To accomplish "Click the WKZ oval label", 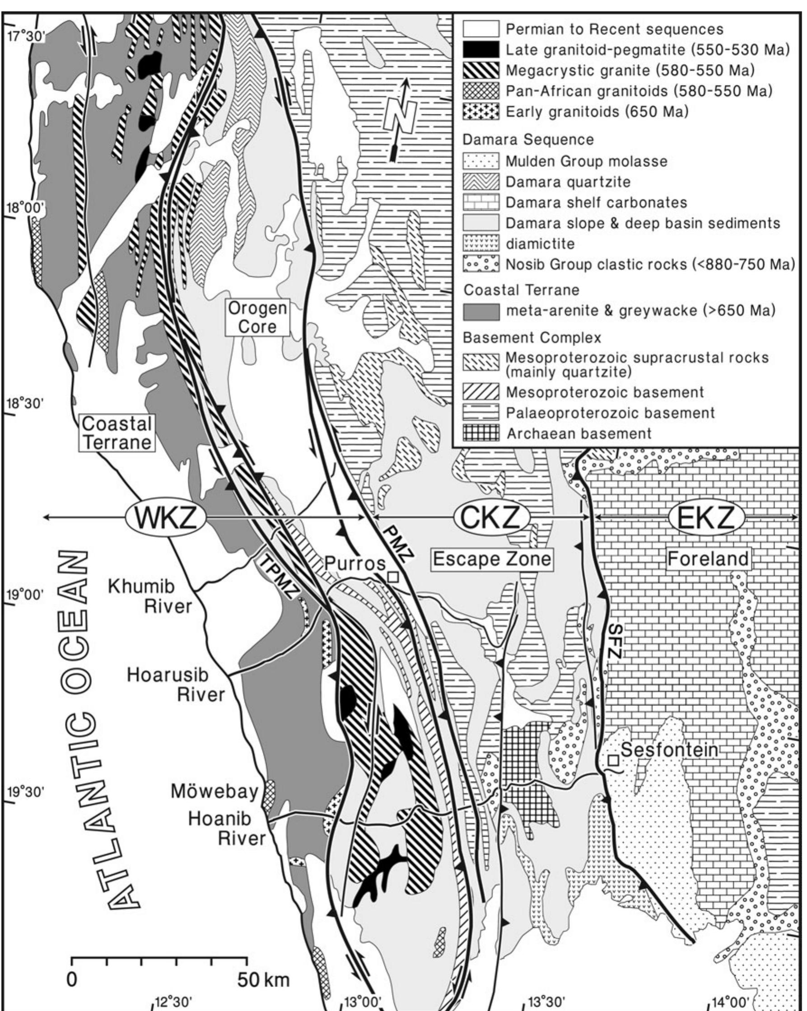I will point(165,517).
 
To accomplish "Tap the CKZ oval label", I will point(491,517).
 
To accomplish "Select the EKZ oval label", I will point(707,517).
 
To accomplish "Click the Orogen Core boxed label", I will point(257,317).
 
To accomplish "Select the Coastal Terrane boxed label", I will point(117,433).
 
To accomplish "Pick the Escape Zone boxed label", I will point(492,559).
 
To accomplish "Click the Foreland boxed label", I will point(708,559).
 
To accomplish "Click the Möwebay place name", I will point(214,790).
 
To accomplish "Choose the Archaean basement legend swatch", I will point(481,433).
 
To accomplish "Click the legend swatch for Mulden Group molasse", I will point(481,161).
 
